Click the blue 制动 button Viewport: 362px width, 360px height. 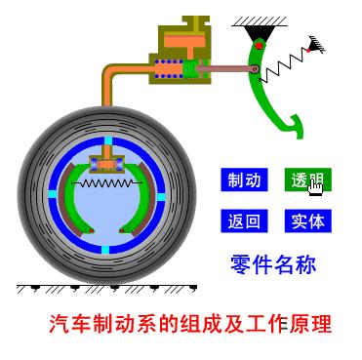[x=244, y=180]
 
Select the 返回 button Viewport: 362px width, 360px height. [x=244, y=220]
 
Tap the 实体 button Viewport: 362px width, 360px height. [x=306, y=220]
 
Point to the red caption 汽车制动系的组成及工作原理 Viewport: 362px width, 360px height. [x=190, y=323]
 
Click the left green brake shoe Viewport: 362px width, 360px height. [x=72, y=200]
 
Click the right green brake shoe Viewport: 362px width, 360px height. [x=137, y=200]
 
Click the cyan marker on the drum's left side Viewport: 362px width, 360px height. [x=42, y=193]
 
